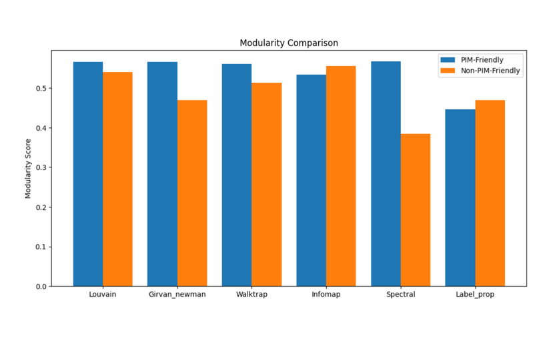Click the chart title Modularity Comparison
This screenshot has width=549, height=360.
click(289, 43)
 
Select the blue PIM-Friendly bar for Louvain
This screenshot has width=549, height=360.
click(88, 174)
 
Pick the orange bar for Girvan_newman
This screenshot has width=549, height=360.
click(192, 193)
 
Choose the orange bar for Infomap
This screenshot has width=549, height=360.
click(341, 176)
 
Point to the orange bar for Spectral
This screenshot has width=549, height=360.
click(416, 210)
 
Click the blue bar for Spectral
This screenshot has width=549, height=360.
click(386, 173)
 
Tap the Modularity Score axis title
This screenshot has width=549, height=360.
click(28, 169)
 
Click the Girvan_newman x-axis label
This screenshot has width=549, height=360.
click(177, 295)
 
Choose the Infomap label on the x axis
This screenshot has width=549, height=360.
click(326, 295)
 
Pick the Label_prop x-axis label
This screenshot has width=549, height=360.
click(475, 295)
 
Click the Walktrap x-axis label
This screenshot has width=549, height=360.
click(251, 295)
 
